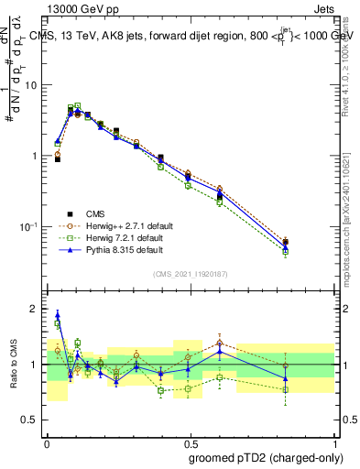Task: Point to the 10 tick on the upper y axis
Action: [x=35, y=85]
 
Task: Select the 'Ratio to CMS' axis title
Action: [x=13, y=364]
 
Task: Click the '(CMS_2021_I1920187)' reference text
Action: [x=189, y=274]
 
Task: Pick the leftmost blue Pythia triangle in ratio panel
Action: [x=58, y=314]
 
